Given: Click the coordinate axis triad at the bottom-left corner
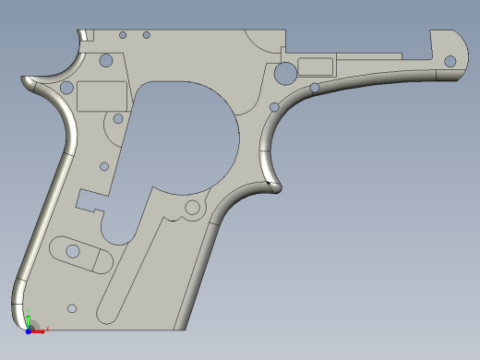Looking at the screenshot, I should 30,326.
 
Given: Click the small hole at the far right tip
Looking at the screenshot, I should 450,62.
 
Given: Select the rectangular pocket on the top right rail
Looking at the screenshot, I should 316,65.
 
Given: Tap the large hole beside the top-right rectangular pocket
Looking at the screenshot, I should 285,71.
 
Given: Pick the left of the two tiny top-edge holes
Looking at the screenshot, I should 123,35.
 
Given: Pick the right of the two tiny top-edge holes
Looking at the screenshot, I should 146,35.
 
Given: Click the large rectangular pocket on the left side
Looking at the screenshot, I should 102,95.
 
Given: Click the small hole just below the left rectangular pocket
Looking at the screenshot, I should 117,118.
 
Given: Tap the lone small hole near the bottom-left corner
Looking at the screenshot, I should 72,308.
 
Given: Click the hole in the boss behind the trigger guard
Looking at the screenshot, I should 192,208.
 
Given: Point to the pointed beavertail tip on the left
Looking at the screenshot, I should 26,80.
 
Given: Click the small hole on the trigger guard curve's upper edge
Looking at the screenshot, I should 315,88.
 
